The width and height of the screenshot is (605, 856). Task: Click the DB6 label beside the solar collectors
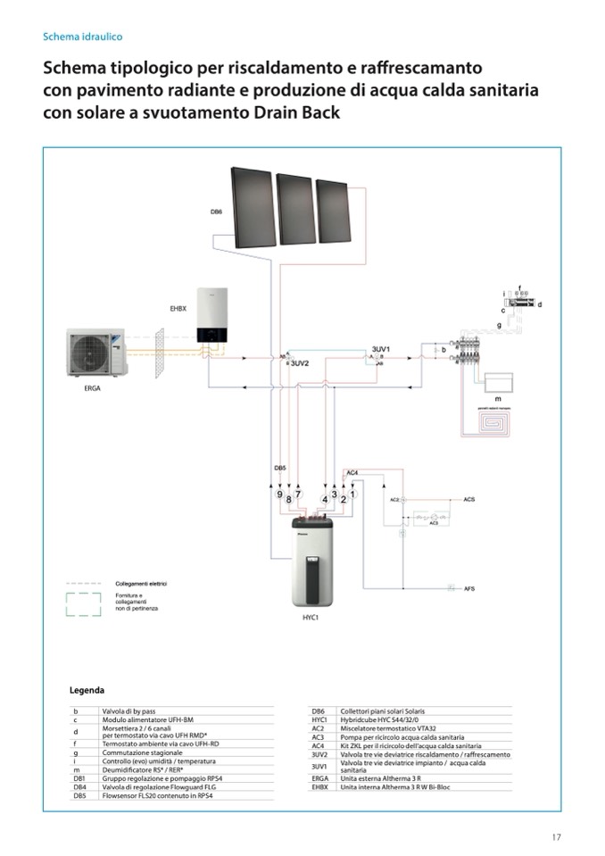pos(216,212)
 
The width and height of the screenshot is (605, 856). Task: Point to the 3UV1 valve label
pos(381,348)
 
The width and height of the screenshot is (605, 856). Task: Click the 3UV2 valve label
pos(300,364)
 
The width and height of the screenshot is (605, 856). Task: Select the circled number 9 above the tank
pos(279,494)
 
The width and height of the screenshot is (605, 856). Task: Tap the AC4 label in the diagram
pos(352,471)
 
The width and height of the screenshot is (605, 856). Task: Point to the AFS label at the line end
pos(468,589)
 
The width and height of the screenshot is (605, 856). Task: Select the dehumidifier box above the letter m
pos(493,382)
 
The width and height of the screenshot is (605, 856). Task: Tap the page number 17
pos(555,836)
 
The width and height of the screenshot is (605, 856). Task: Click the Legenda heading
pos(87,690)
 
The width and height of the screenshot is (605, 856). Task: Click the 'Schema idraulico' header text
pos(82,37)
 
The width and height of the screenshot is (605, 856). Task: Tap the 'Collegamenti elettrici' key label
pos(141,584)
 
